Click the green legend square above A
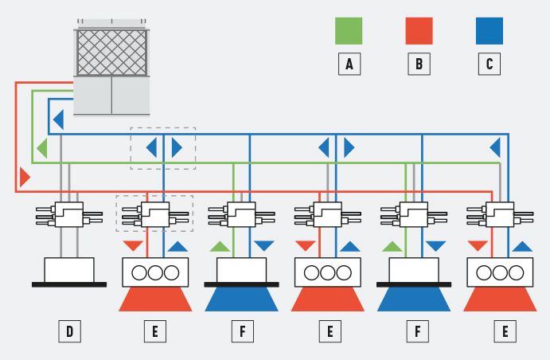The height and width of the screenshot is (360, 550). pyautogui.click(x=349, y=31)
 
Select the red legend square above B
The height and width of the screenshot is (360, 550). pyautogui.click(x=419, y=31)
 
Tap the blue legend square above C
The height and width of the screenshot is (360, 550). pyautogui.click(x=489, y=31)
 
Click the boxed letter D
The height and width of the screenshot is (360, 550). pyautogui.click(x=69, y=331)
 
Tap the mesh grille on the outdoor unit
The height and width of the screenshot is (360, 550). pyautogui.click(x=111, y=53)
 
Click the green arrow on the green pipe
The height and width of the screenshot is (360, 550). pyautogui.click(x=42, y=148)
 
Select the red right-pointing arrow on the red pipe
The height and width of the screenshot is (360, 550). pyautogui.click(x=25, y=177)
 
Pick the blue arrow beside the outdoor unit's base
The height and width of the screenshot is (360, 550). pyautogui.click(x=58, y=120)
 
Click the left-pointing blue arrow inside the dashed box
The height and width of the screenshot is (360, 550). pyautogui.click(x=151, y=147)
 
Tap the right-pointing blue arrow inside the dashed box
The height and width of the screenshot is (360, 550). pyautogui.click(x=177, y=147)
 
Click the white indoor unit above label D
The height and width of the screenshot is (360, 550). pyautogui.click(x=69, y=270)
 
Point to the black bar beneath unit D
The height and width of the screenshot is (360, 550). pyautogui.click(x=69, y=284)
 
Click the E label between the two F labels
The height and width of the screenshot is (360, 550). pyautogui.click(x=328, y=331)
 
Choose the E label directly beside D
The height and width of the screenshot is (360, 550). pyautogui.click(x=155, y=331)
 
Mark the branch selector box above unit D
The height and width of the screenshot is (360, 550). pyautogui.click(x=69, y=215)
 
